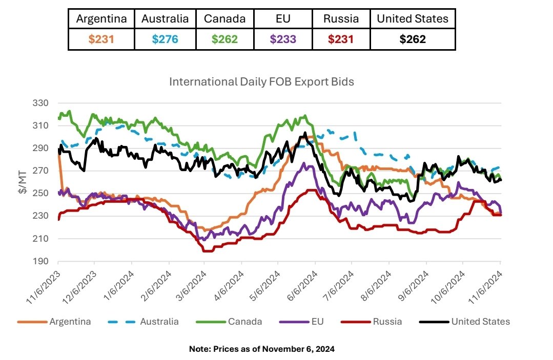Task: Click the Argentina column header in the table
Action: tap(101, 18)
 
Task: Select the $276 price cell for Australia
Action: tap(165, 39)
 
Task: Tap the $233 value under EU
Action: tap(283, 39)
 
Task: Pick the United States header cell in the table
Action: tap(413, 18)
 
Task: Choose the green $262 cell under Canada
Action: tap(224, 39)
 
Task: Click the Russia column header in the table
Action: tap(341, 18)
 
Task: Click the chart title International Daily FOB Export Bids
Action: tap(261, 82)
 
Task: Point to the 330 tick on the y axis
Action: tap(40, 103)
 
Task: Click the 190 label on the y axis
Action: tap(40, 261)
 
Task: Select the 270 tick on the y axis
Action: tap(40, 171)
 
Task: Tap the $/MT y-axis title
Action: tap(23, 182)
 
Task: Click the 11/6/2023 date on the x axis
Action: tap(44, 287)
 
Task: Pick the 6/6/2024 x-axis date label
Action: tap(302, 286)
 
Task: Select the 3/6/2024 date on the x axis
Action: tap(192, 286)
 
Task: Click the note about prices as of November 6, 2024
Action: tap(262, 349)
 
